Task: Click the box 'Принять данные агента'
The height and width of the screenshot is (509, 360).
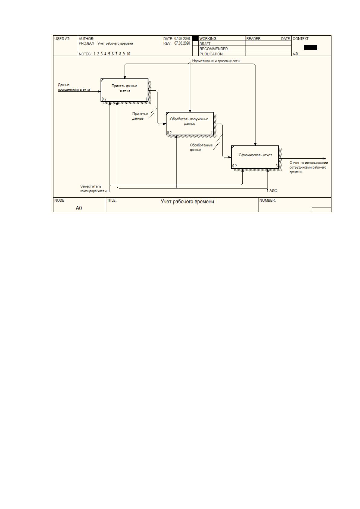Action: [x=124, y=90]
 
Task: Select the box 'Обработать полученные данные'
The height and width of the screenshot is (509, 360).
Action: [x=190, y=123]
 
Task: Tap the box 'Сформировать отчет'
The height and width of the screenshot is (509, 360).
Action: [x=255, y=157]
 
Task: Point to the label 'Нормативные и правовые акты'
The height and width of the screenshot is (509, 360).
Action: [x=216, y=61]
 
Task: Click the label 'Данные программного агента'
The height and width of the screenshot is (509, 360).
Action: [x=74, y=87]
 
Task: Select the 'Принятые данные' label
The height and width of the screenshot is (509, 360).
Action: [x=140, y=116]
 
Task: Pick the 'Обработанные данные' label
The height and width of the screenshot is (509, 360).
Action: [x=201, y=147]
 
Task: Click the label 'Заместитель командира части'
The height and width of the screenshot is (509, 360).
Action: [x=93, y=189]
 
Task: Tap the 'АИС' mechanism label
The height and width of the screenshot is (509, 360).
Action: [x=273, y=190]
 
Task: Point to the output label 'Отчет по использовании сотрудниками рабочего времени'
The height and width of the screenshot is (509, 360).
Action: [x=309, y=167]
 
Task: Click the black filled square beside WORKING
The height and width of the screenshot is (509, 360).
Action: [x=195, y=38]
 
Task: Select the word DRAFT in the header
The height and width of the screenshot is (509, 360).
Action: [x=205, y=44]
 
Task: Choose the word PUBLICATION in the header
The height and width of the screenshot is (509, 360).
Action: [x=211, y=54]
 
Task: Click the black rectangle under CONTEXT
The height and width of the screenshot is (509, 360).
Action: [x=310, y=47]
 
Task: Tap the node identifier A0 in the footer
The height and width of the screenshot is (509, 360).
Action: [x=79, y=208]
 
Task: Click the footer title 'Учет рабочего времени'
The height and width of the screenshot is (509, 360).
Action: [x=187, y=202]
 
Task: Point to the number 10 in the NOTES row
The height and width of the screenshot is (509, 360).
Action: [x=128, y=54]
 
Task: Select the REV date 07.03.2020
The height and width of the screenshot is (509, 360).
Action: [x=182, y=43]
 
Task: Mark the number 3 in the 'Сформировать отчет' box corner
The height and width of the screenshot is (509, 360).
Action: [x=277, y=166]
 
